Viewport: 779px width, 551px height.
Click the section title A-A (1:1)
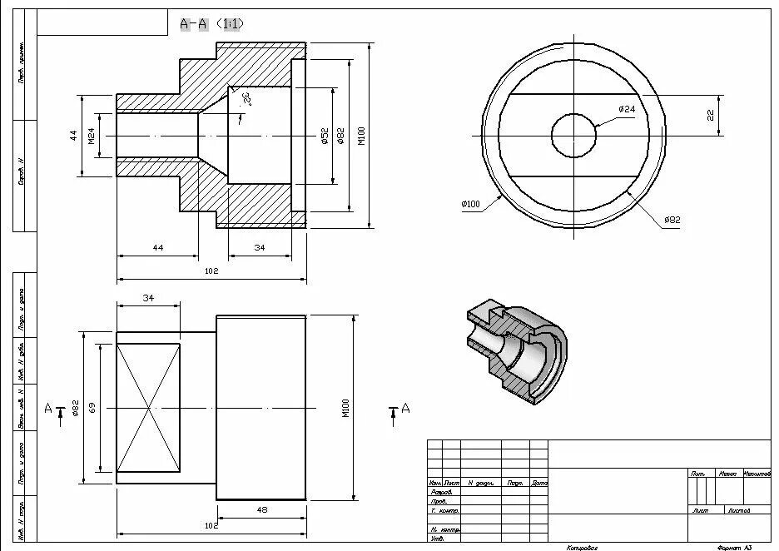point(211,24)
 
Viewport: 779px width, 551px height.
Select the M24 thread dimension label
point(92,135)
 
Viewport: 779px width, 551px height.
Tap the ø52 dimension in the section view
point(324,135)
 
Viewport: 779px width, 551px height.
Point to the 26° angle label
point(246,100)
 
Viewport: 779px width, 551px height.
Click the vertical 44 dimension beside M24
point(73,135)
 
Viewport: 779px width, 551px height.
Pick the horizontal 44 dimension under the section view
point(157,248)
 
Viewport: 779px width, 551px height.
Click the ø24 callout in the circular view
point(626,109)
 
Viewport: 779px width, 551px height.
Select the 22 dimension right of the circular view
point(711,115)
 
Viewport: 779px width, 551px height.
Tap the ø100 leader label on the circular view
point(470,204)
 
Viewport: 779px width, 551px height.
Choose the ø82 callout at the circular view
point(672,220)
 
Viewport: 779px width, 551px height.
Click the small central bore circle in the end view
point(574,135)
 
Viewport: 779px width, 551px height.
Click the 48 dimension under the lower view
point(262,509)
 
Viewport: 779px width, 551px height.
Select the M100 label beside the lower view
point(345,408)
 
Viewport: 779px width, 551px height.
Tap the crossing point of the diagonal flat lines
point(148,408)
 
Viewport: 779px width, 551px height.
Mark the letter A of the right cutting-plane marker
point(405,407)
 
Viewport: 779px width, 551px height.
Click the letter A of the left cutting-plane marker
point(47,408)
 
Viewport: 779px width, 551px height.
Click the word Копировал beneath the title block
point(582,547)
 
